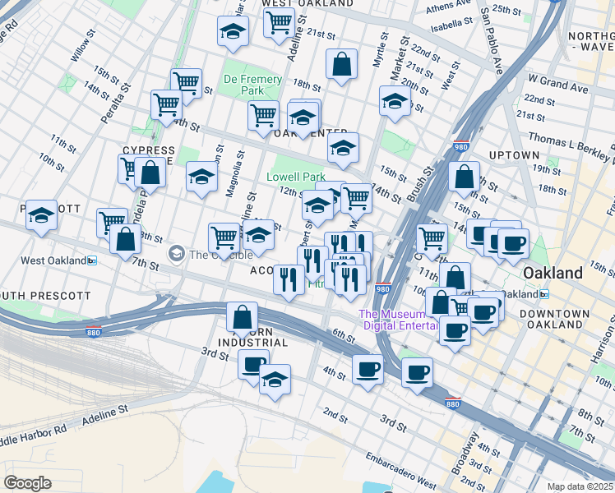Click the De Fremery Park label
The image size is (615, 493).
coord(253,85)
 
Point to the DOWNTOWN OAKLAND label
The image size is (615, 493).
coord(559,320)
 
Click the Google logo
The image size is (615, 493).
coord(27,482)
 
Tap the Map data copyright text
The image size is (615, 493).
coord(580,486)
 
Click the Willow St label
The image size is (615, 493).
coord(83,50)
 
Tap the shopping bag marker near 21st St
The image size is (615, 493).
coord(341,64)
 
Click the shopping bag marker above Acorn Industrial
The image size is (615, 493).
coord(243,316)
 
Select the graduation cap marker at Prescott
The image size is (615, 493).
coord(41,216)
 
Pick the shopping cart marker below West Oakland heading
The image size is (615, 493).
coord(280,23)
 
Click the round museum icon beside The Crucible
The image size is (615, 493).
coord(176,254)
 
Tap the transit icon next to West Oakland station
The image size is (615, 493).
coord(93,261)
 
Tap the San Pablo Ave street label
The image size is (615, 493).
coord(493,41)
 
